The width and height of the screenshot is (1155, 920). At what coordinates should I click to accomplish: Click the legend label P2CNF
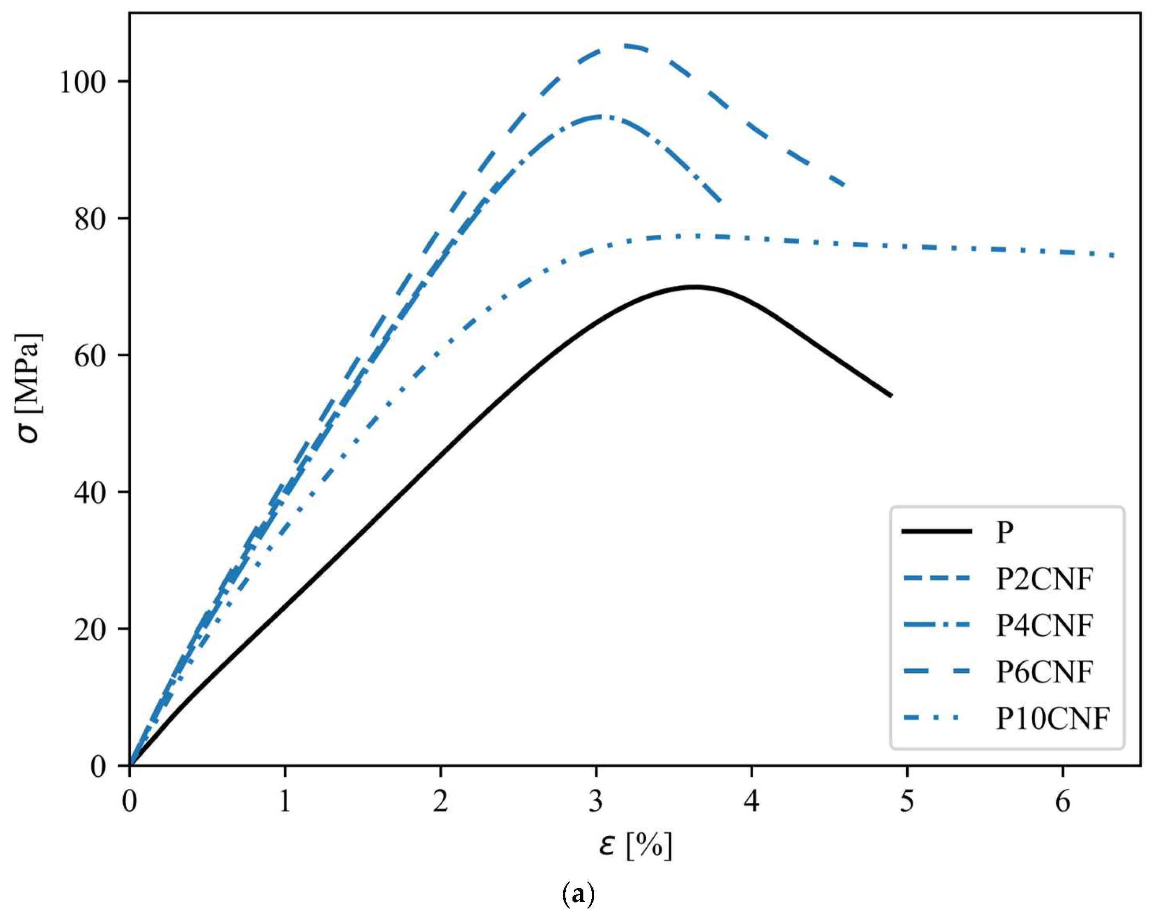tap(1043, 579)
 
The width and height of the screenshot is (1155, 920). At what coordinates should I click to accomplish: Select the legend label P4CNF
tap(1043, 625)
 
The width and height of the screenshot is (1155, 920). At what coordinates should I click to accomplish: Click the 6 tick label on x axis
tap(1062, 802)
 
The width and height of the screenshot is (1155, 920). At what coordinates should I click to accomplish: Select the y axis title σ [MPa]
tap(29, 388)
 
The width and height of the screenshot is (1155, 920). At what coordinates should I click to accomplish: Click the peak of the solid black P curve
tap(695, 287)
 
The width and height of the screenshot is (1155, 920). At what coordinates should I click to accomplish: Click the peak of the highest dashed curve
tap(627, 46)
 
